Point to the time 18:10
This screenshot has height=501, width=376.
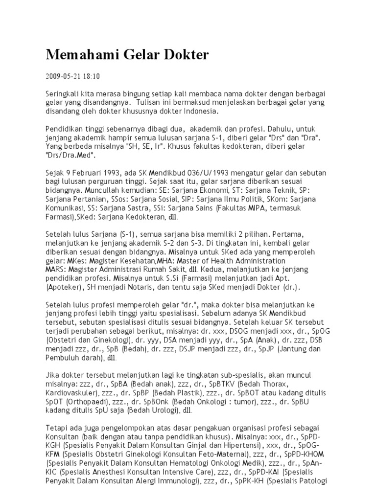tap(94, 76)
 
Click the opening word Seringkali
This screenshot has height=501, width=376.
tap(65, 93)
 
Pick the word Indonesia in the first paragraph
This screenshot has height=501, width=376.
tap(194, 111)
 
